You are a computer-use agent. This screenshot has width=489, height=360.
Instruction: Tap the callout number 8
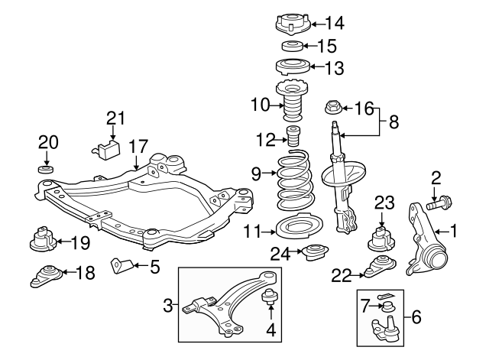click(x=394, y=121)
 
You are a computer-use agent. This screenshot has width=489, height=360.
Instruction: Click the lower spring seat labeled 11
click(x=292, y=230)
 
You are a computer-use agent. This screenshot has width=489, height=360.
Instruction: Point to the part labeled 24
click(x=312, y=251)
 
